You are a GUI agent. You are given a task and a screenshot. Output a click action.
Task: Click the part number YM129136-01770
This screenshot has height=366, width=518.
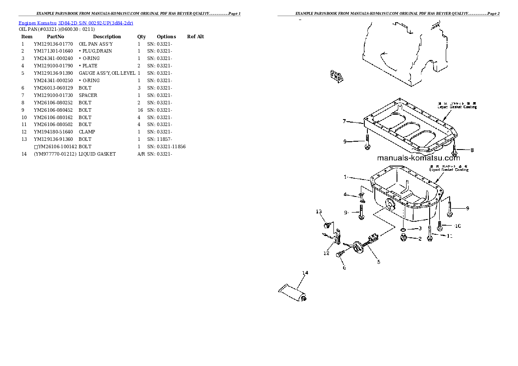tap(53, 44)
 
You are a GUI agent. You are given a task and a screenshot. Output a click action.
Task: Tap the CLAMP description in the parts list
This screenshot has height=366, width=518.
tap(87, 132)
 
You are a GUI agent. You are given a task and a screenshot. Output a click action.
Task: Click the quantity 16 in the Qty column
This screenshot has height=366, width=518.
tap(140, 110)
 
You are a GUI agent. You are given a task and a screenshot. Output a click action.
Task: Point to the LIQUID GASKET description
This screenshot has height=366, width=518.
tap(97, 154)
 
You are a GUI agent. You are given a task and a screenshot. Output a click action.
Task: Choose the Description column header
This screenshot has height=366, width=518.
tap(107, 37)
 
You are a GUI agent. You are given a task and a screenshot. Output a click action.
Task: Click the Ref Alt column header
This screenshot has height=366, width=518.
tap(195, 37)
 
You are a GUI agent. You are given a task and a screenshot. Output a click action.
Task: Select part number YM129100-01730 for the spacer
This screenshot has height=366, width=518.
tap(53, 95)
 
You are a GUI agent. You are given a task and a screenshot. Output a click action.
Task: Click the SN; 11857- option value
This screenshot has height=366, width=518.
tap(159, 139)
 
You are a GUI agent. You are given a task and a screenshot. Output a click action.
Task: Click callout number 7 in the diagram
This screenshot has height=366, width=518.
tap(344, 121)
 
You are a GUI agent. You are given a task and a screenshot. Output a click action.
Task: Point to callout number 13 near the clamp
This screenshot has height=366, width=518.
tap(319, 212)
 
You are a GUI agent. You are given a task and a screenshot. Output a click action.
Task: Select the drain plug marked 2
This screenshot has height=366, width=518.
tap(404, 237)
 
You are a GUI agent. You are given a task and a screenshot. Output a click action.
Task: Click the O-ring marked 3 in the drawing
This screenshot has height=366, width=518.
tap(404, 229)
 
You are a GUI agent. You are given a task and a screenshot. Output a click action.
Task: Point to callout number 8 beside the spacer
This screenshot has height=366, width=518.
tap(471, 150)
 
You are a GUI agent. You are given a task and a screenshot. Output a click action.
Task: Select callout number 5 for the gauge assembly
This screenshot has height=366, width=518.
tap(378, 262)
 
